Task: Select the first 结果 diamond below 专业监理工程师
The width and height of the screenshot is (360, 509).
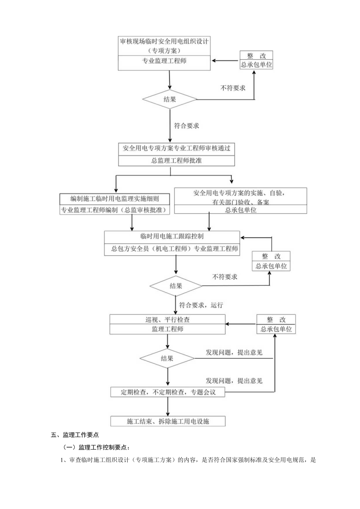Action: [x=169, y=99]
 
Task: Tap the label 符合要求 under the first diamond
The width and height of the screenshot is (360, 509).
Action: [x=186, y=126]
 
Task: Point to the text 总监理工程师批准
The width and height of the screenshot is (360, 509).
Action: [x=176, y=161]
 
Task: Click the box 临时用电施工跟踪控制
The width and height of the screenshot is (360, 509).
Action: [x=172, y=236]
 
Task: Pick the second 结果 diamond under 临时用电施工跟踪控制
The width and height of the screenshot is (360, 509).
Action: [x=176, y=286]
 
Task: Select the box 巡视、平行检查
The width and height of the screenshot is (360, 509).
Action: [x=167, y=319]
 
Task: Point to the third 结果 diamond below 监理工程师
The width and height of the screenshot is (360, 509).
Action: [x=167, y=358]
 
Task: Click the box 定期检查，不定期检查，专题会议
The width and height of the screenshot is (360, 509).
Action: [x=168, y=392]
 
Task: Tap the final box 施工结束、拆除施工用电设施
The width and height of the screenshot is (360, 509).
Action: [x=168, y=421]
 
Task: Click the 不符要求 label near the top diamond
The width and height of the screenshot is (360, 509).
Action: [x=233, y=88]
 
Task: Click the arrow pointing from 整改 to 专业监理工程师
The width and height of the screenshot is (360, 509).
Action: [x=225, y=60]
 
